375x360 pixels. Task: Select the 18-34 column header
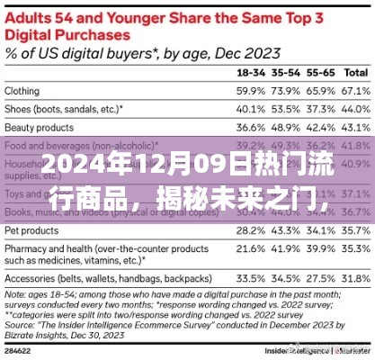coord(249,72)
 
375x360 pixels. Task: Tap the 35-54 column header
coord(286,72)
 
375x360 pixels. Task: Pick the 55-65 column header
coord(321,72)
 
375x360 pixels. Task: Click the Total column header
coord(356,72)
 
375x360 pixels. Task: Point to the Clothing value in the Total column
coord(357,91)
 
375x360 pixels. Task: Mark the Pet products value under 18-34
coord(250,230)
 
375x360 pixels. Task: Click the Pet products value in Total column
coord(357,230)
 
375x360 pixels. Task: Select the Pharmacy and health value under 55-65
coord(322,248)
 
